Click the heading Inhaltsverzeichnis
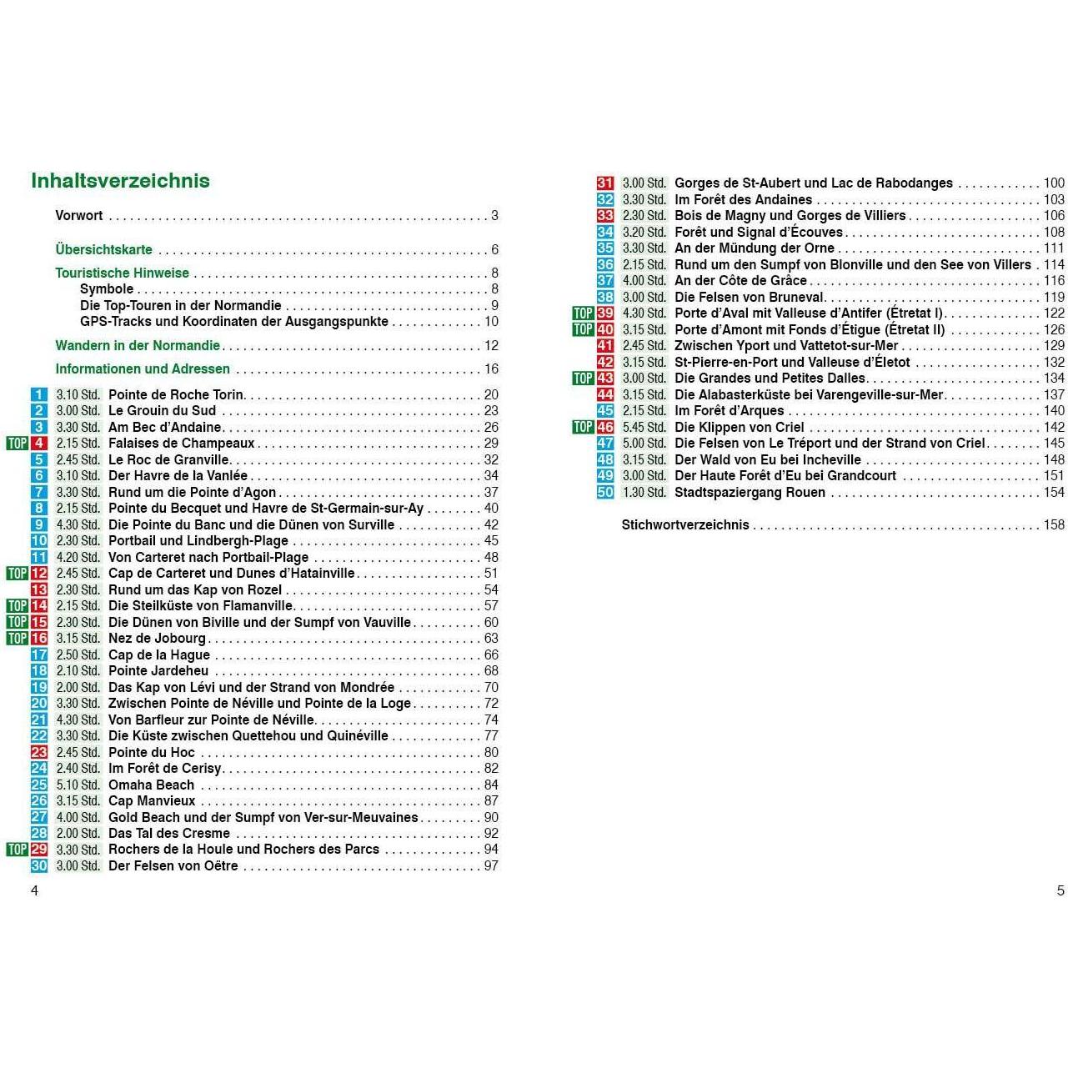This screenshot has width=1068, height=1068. [120, 181]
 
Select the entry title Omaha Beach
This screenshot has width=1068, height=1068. [151, 785]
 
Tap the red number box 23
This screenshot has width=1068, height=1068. [39, 752]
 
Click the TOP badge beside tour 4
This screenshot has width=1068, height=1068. [18, 444]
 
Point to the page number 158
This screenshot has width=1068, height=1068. [1054, 524]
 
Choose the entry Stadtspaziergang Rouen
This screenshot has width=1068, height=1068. [750, 492]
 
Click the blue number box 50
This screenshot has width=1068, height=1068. [605, 492]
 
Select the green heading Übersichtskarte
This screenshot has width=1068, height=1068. [104, 249]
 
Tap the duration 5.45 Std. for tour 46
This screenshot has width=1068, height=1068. [644, 427]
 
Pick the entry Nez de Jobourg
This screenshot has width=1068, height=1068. [157, 639]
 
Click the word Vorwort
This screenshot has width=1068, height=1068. [79, 215]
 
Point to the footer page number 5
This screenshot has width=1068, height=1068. [1060, 890]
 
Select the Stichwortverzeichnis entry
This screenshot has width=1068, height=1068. [685, 524]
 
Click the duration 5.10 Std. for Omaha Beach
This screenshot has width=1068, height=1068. [78, 785]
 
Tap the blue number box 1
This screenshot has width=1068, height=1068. [39, 394]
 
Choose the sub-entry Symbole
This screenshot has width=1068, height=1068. [107, 288]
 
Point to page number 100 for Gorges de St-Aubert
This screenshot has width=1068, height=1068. [1054, 183]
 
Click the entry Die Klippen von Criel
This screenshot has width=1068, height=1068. [740, 427]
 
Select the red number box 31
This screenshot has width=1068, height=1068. [605, 183]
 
